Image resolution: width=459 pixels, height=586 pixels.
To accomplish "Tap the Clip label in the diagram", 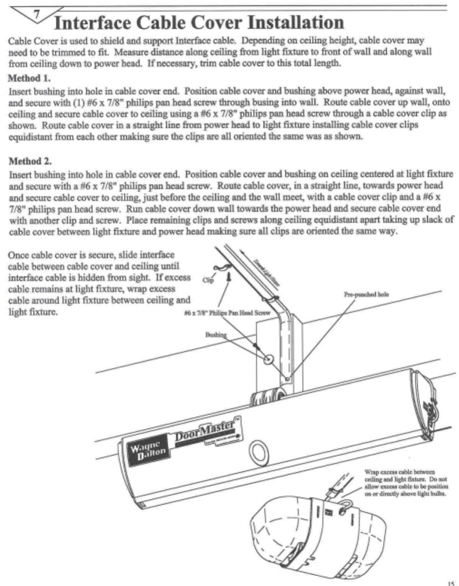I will [208, 280].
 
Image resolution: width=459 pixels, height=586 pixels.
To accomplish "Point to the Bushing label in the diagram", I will [216, 334].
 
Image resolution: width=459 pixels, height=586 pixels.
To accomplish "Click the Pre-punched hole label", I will [366, 294].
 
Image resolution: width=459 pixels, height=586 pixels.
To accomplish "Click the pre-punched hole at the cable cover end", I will [287, 377].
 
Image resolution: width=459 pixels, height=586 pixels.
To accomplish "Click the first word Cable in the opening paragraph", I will [20, 41].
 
